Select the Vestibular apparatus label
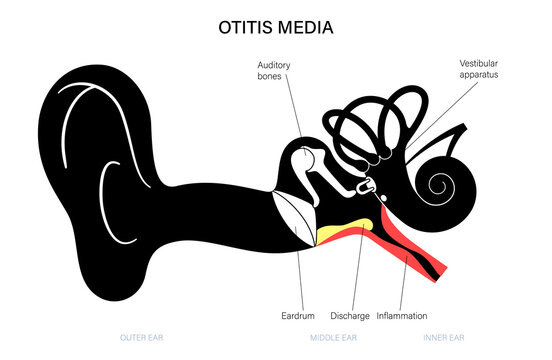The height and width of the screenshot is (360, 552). point(479,67)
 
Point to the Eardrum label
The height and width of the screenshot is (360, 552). point(300,316)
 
